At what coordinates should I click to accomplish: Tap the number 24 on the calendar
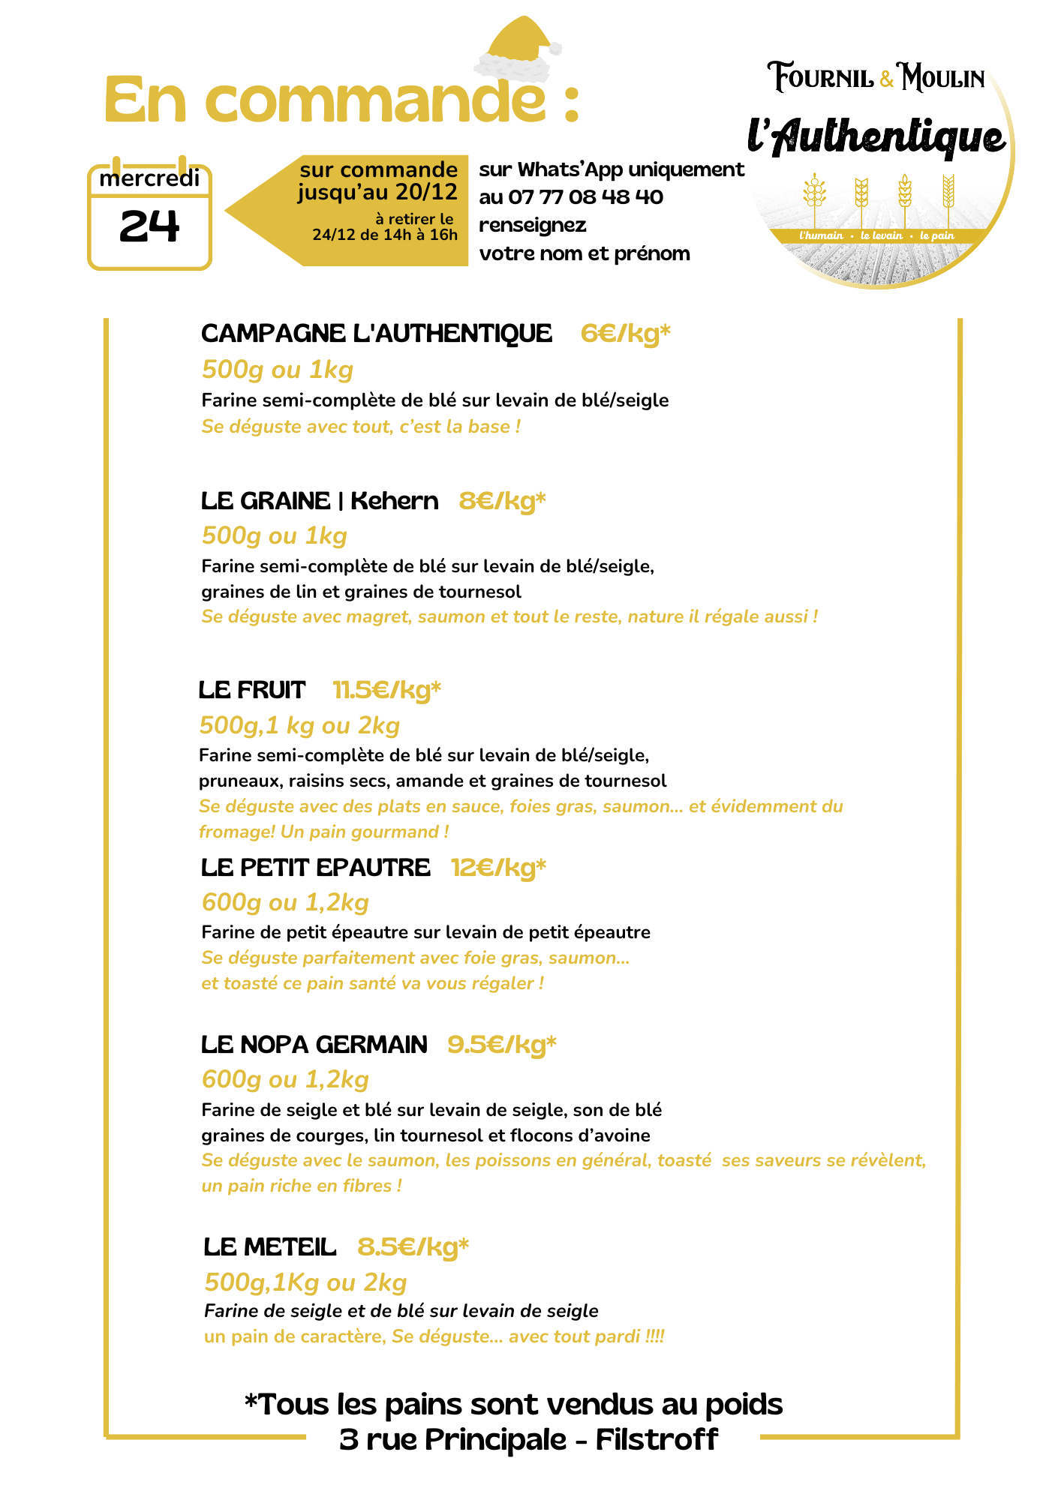pyautogui.click(x=149, y=226)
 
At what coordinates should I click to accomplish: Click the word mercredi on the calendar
pyautogui.click(x=149, y=179)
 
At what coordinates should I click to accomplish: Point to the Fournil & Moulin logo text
pyautogui.click(x=876, y=77)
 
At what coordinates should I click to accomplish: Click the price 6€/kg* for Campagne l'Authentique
pyautogui.click(x=625, y=333)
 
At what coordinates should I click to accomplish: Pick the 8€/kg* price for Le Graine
pyautogui.click(x=502, y=500)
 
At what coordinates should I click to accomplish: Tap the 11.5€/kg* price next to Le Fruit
pyautogui.click(x=386, y=690)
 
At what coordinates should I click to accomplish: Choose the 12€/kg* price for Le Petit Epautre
pyautogui.click(x=498, y=868)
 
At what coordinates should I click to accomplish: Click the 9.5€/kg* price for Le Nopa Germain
pyautogui.click(x=502, y=1045)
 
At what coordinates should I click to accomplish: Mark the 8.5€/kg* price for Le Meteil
pyautogui.click(x=413, y=1247)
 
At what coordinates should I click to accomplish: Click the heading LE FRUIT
pyautogui.click(x=252, y=690)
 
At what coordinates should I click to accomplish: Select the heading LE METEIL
pyautogui.click(x=270, y=1247)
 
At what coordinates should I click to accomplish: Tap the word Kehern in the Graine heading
pyautogui.click(x=395, y=500)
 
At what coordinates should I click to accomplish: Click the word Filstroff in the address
pyautogui.click(x=657, y=1440)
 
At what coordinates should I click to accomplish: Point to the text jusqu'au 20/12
pyautogui.click(x=377, y=193)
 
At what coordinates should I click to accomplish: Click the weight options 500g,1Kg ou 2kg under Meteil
pyautogui.click(x=305, y=1282)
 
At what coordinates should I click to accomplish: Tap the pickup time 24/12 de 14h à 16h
pyautogui.click(x=385, y=235)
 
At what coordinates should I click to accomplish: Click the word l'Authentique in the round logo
pyautogui.click(x=876, y=137)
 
